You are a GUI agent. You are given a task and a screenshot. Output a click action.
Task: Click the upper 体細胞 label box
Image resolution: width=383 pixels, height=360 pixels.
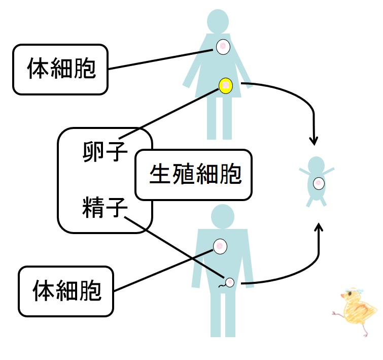[x=60, y=70]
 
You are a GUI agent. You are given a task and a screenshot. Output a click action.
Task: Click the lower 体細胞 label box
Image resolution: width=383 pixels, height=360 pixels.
[x=66, y=291]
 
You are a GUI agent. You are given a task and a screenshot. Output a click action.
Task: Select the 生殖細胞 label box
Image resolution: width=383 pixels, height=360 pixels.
[x=194, y=175]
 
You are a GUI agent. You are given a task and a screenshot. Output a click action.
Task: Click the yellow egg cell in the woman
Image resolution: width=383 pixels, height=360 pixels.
[x=225, y=85]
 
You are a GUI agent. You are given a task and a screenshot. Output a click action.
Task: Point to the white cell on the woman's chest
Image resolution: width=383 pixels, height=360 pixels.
[x=223, y=47]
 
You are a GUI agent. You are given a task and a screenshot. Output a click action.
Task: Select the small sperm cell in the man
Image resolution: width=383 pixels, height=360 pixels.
[x=229, y=282]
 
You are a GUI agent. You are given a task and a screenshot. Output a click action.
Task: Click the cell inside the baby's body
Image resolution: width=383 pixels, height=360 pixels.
[x=319, y=183]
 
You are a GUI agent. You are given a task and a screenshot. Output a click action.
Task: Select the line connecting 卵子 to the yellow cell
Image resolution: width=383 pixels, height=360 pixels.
[x=172, y=112]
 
